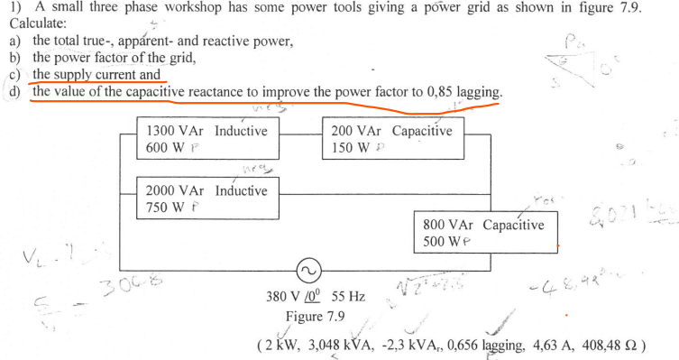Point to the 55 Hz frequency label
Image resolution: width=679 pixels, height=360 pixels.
(x=349, y=296)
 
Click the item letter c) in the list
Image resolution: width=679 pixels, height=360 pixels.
(x=14, y=75)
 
